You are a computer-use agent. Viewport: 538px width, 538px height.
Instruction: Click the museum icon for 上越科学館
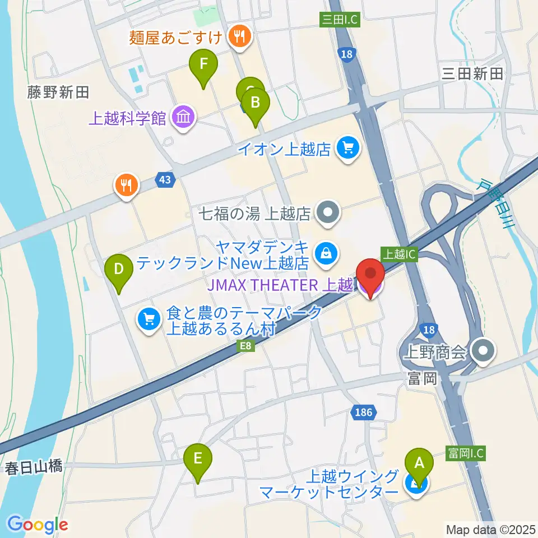coord(183,118)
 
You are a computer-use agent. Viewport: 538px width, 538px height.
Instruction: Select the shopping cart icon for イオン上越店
coord(348,149)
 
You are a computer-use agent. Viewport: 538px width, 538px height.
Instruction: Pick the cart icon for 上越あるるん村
coord(149,320)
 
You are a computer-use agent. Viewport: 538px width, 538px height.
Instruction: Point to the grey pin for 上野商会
coord(482,352)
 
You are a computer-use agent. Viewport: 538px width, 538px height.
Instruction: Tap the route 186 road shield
coord(363,413)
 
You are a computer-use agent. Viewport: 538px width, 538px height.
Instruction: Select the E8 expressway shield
coord(247,347)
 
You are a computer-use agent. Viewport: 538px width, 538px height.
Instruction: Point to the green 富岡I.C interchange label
coord(465,452)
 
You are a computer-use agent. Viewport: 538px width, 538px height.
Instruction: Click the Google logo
coord(38,525)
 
